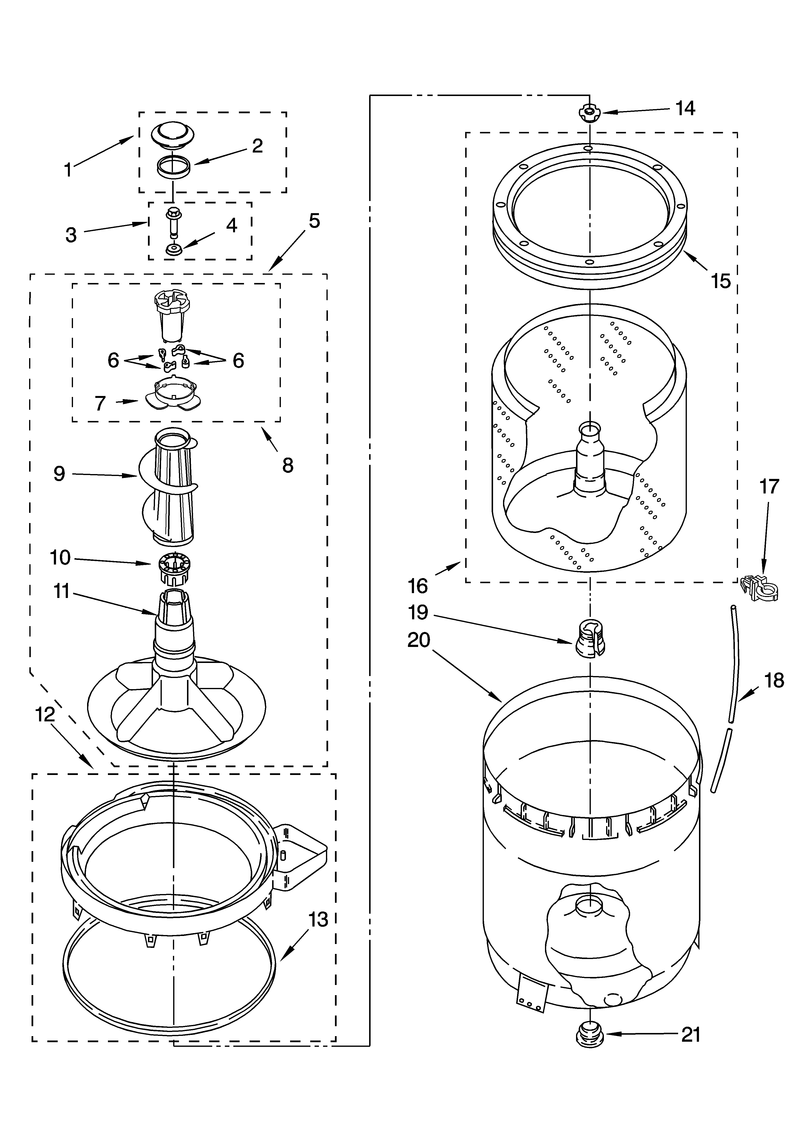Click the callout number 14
coord(685,108)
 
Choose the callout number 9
coord(59,474)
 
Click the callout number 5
coord(315,221)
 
